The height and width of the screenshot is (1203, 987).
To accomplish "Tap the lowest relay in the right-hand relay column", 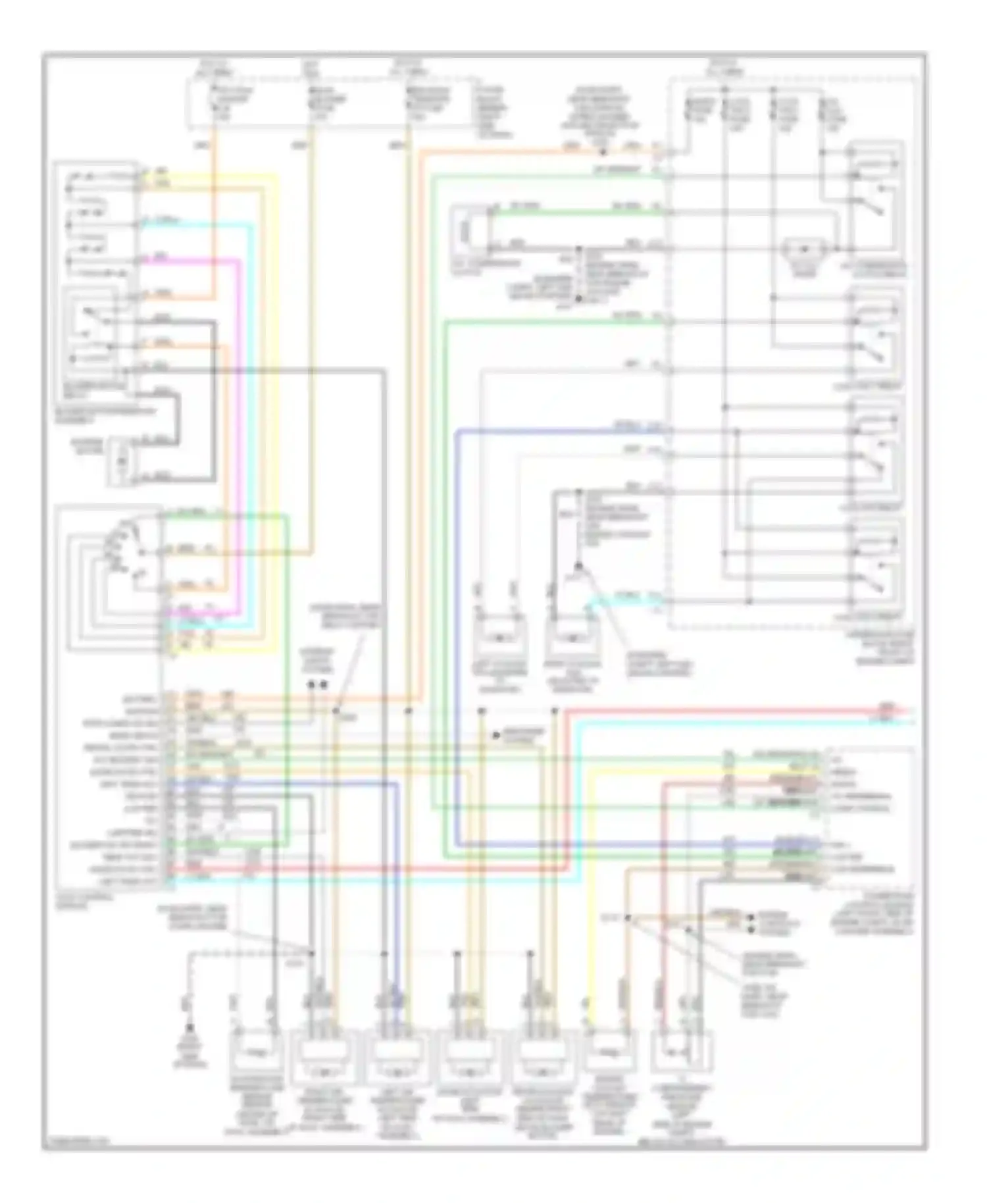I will [876, 566].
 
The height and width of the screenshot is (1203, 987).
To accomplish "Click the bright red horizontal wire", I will [724, 711].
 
